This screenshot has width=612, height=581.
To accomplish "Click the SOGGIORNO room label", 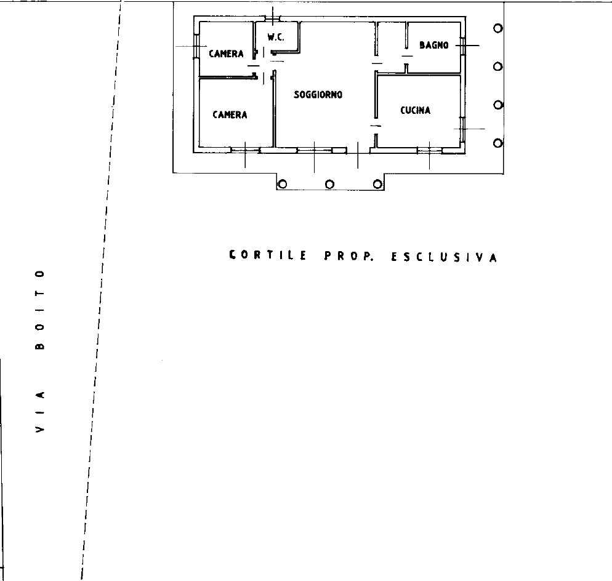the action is (x=318, y=95).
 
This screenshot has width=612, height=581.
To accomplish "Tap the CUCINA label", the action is (x=415, y=110).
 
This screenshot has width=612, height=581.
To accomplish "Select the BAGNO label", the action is (x=433, y=46).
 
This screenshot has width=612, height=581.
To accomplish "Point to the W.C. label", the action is (x=276, y=38).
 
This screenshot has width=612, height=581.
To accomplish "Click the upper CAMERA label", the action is (x=227, y=54).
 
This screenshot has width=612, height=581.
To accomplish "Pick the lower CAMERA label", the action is (x=230, y=114).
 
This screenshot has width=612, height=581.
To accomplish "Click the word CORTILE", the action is (x=268, y=255).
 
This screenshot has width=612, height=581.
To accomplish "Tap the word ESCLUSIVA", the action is (x=444, y=257).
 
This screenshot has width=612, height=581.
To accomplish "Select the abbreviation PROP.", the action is (x=348, y=256).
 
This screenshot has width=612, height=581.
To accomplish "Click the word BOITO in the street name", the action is (x=40, y=309).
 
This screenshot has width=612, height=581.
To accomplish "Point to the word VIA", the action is (x=40, y=411).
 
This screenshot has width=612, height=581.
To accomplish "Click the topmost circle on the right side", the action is (x=497, y=28).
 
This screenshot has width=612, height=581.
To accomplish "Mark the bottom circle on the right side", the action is (x=497, y=143).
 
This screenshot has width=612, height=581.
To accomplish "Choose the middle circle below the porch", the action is (x=330, y=184).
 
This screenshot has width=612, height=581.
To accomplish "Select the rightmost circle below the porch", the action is (x=377, y=184).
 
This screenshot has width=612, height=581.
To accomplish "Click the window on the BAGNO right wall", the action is (x=463, y=46).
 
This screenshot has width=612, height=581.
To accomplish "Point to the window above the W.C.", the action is (x=273, y=18).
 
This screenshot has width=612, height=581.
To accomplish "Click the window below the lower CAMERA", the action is (x=246, y=150).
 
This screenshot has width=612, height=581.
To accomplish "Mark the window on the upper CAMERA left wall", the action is (x=196, y=46).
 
